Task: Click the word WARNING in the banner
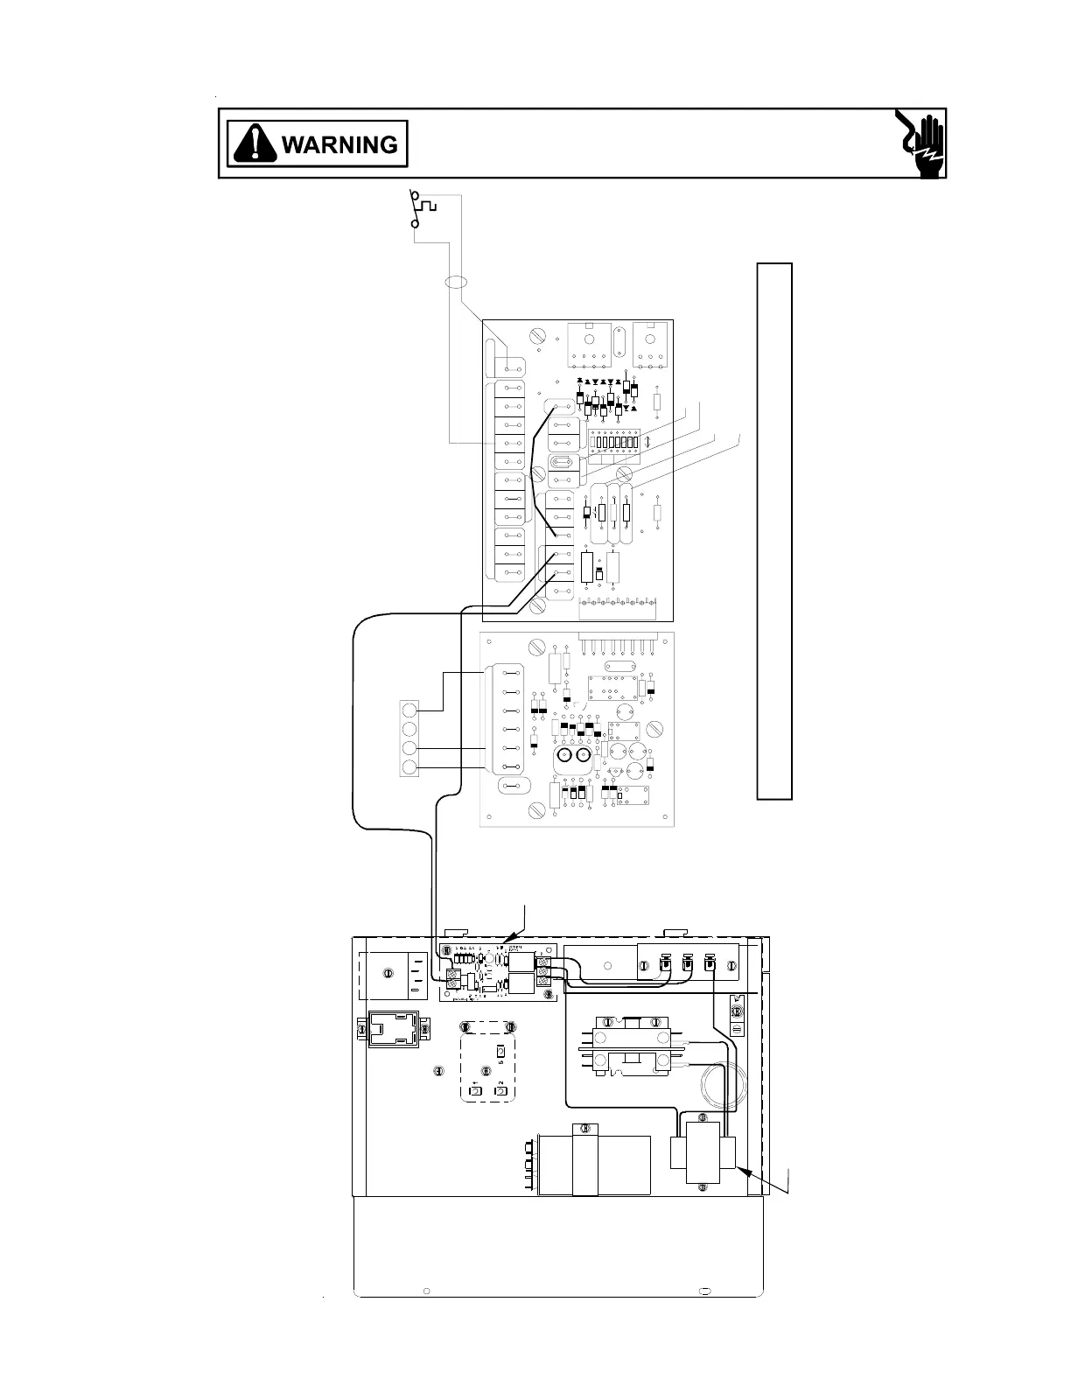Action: [x=339, y=144]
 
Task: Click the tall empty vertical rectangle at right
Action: [x=774, y=530]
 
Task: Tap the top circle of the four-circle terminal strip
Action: [x=409, y=709]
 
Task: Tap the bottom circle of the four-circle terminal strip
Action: [x=409, y=768]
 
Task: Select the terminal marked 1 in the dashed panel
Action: [x=476, y=1090]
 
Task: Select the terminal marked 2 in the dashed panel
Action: [x=500, y=1090]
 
